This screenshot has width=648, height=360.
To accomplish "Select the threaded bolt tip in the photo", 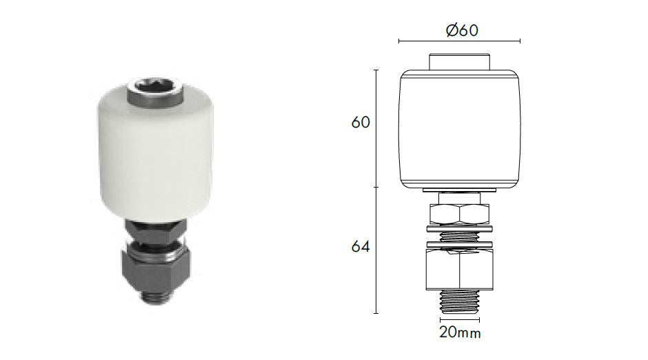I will [x=158, y=296].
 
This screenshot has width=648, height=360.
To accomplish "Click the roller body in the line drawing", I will [x=460, y=128].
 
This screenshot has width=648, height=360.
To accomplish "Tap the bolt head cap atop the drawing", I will [x=460, y=61].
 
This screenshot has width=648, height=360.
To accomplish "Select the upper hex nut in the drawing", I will [x=460, y=212].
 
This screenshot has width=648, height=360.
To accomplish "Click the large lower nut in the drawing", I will [x=460, y=269].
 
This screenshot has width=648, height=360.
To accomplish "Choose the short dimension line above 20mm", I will [x=460, y=319].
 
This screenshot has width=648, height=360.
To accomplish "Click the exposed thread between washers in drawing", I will [x=460, y=236].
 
